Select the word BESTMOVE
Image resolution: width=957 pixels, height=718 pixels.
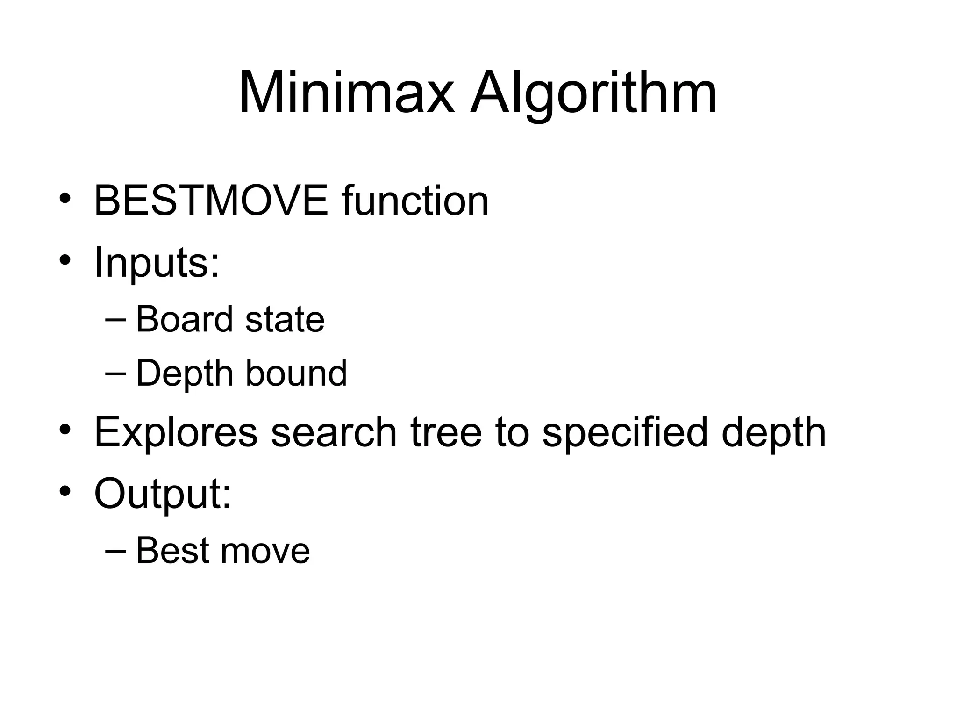(211, 201)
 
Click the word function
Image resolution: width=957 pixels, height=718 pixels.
(415, 201)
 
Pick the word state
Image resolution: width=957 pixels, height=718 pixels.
(285, 319)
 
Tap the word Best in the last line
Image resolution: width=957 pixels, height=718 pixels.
(171, 550)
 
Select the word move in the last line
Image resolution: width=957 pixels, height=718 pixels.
(265, 550)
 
